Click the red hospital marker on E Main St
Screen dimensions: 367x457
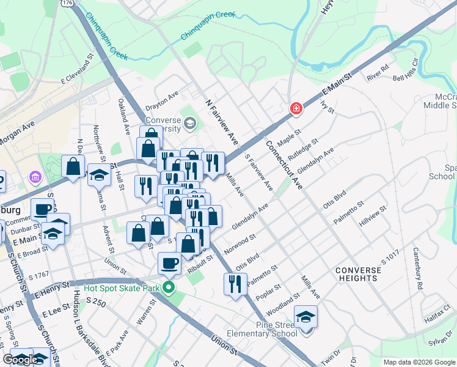[x=296, y=108]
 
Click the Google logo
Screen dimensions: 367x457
[x=21, y=360]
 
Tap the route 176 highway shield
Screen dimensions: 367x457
[x=67, y=3]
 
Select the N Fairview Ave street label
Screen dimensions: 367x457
[x=222, y=122]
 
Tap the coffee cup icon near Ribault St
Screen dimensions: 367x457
[x=169, y=262]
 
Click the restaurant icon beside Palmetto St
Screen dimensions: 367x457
[x=235, y=283]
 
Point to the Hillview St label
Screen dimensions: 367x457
[x=373, y=216]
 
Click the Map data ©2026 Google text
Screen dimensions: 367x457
[x=419, y=362]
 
